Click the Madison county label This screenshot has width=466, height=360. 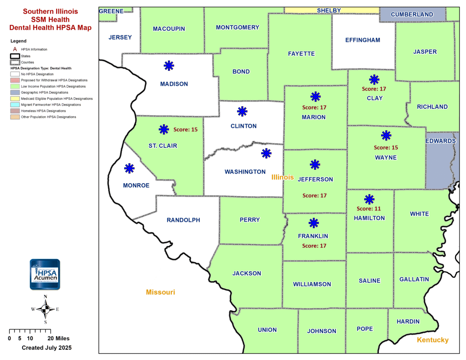click(174, 84)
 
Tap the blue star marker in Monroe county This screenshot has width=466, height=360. click(129, 168)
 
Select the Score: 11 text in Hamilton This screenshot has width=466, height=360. click(369, 209)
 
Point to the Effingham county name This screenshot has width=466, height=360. click(363, 40)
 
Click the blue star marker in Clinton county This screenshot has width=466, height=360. click(242, 111)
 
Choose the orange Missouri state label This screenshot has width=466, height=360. click(160, 292)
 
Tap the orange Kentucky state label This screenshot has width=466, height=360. click(433, 340)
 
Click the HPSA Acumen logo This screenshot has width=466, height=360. click(45, 274)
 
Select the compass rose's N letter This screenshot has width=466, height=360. click(45, 297)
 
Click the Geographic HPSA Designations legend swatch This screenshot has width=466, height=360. click(15, 92)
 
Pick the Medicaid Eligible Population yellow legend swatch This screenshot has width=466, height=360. click(15, 99)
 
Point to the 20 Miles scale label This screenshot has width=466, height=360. click(59, 338)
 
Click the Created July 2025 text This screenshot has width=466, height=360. click(47, 348)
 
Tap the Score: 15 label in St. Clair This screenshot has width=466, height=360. click(185, 130)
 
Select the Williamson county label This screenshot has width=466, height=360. click(312, 284)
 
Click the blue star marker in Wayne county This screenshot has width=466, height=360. click(386, 135)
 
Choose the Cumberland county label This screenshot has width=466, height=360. click(412, 15)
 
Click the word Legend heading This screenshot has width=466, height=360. click(18, 41)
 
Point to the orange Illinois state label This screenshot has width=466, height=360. click(283, 177)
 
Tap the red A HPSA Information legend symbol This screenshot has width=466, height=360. click(15, 49)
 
